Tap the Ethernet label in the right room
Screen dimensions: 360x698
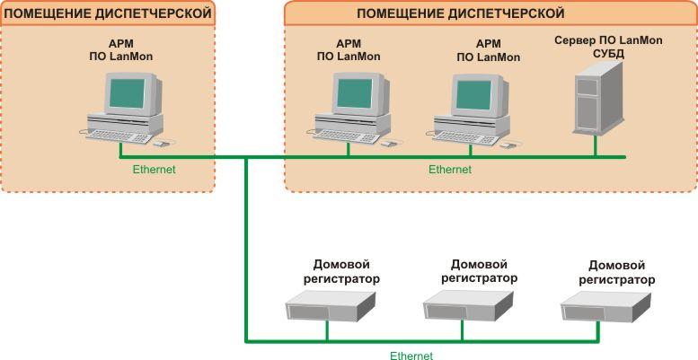point(449,169)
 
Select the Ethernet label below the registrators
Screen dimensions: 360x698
point(411,356)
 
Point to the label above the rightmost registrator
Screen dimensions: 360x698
point(616,272)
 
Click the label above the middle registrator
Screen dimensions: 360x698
point(479,271)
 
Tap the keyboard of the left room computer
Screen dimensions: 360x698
point(119,135)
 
